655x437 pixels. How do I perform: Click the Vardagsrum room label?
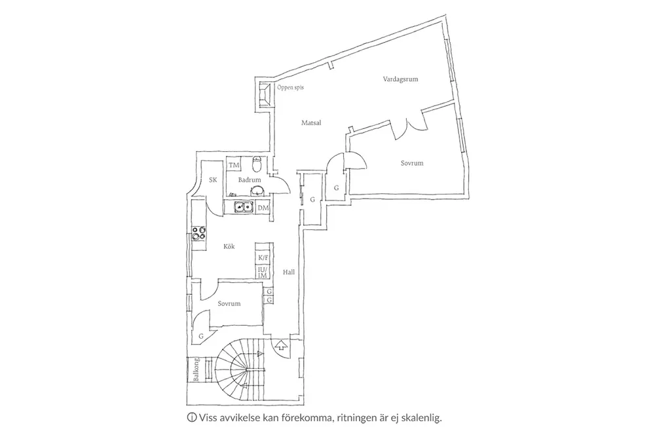400,79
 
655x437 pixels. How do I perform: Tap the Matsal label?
311,123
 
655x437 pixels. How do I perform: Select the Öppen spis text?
290,87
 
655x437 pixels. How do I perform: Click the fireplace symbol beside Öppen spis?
264,94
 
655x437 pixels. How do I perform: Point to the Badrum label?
250,180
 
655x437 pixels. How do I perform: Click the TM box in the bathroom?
234,165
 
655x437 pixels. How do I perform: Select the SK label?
213,180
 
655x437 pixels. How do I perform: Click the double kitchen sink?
244,208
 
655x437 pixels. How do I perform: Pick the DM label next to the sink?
263,208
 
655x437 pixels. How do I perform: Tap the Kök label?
229,246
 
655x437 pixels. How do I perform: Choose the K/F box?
263,258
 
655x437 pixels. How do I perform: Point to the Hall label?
289,272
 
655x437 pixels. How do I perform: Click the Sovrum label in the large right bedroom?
412,163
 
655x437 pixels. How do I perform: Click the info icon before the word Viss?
192,417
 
